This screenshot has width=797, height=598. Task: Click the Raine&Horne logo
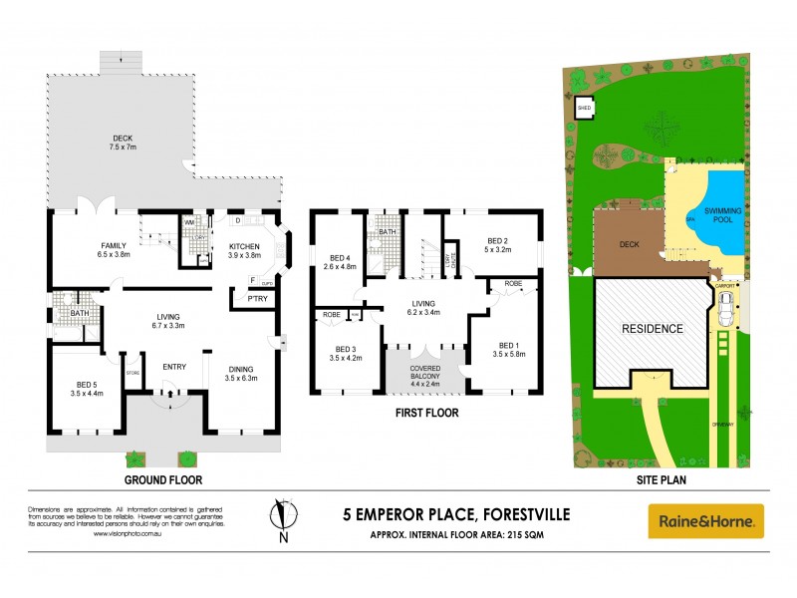[706, 520]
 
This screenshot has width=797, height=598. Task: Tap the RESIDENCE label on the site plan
[654, 328]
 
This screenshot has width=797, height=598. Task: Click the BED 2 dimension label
[499, 245]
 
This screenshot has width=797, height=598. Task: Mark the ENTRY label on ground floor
[174, 366]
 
